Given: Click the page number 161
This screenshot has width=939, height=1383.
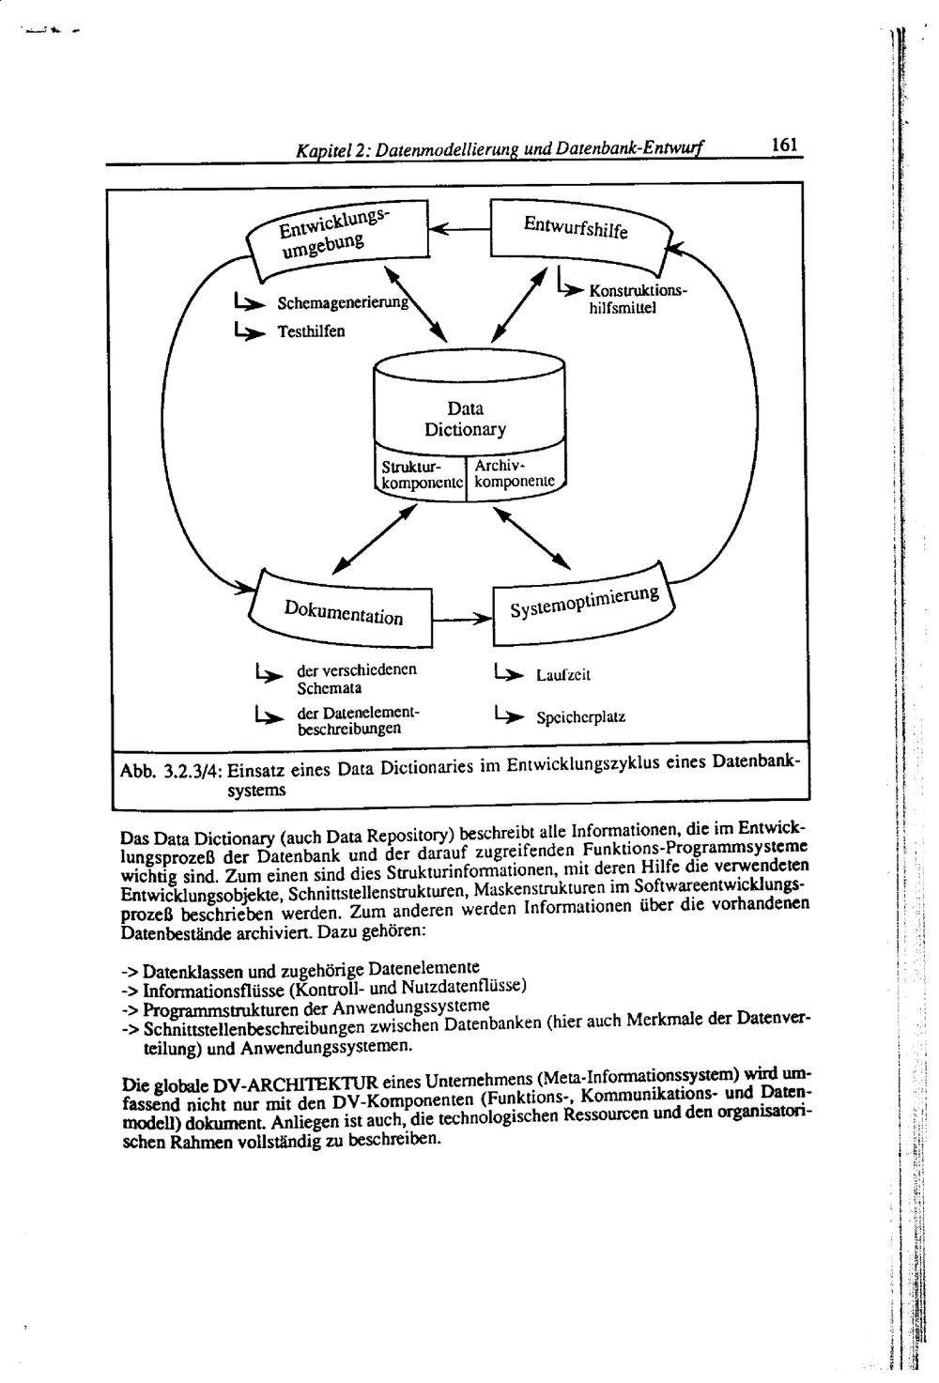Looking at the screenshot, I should pos(784,146).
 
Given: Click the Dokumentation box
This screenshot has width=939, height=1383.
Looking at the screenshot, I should pos(343,612).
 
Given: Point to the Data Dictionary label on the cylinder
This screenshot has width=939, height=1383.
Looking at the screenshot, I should pos(466,419).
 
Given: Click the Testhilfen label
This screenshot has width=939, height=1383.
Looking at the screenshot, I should pos(311,331).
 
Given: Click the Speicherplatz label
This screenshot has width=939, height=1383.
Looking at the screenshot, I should pos(580,718).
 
